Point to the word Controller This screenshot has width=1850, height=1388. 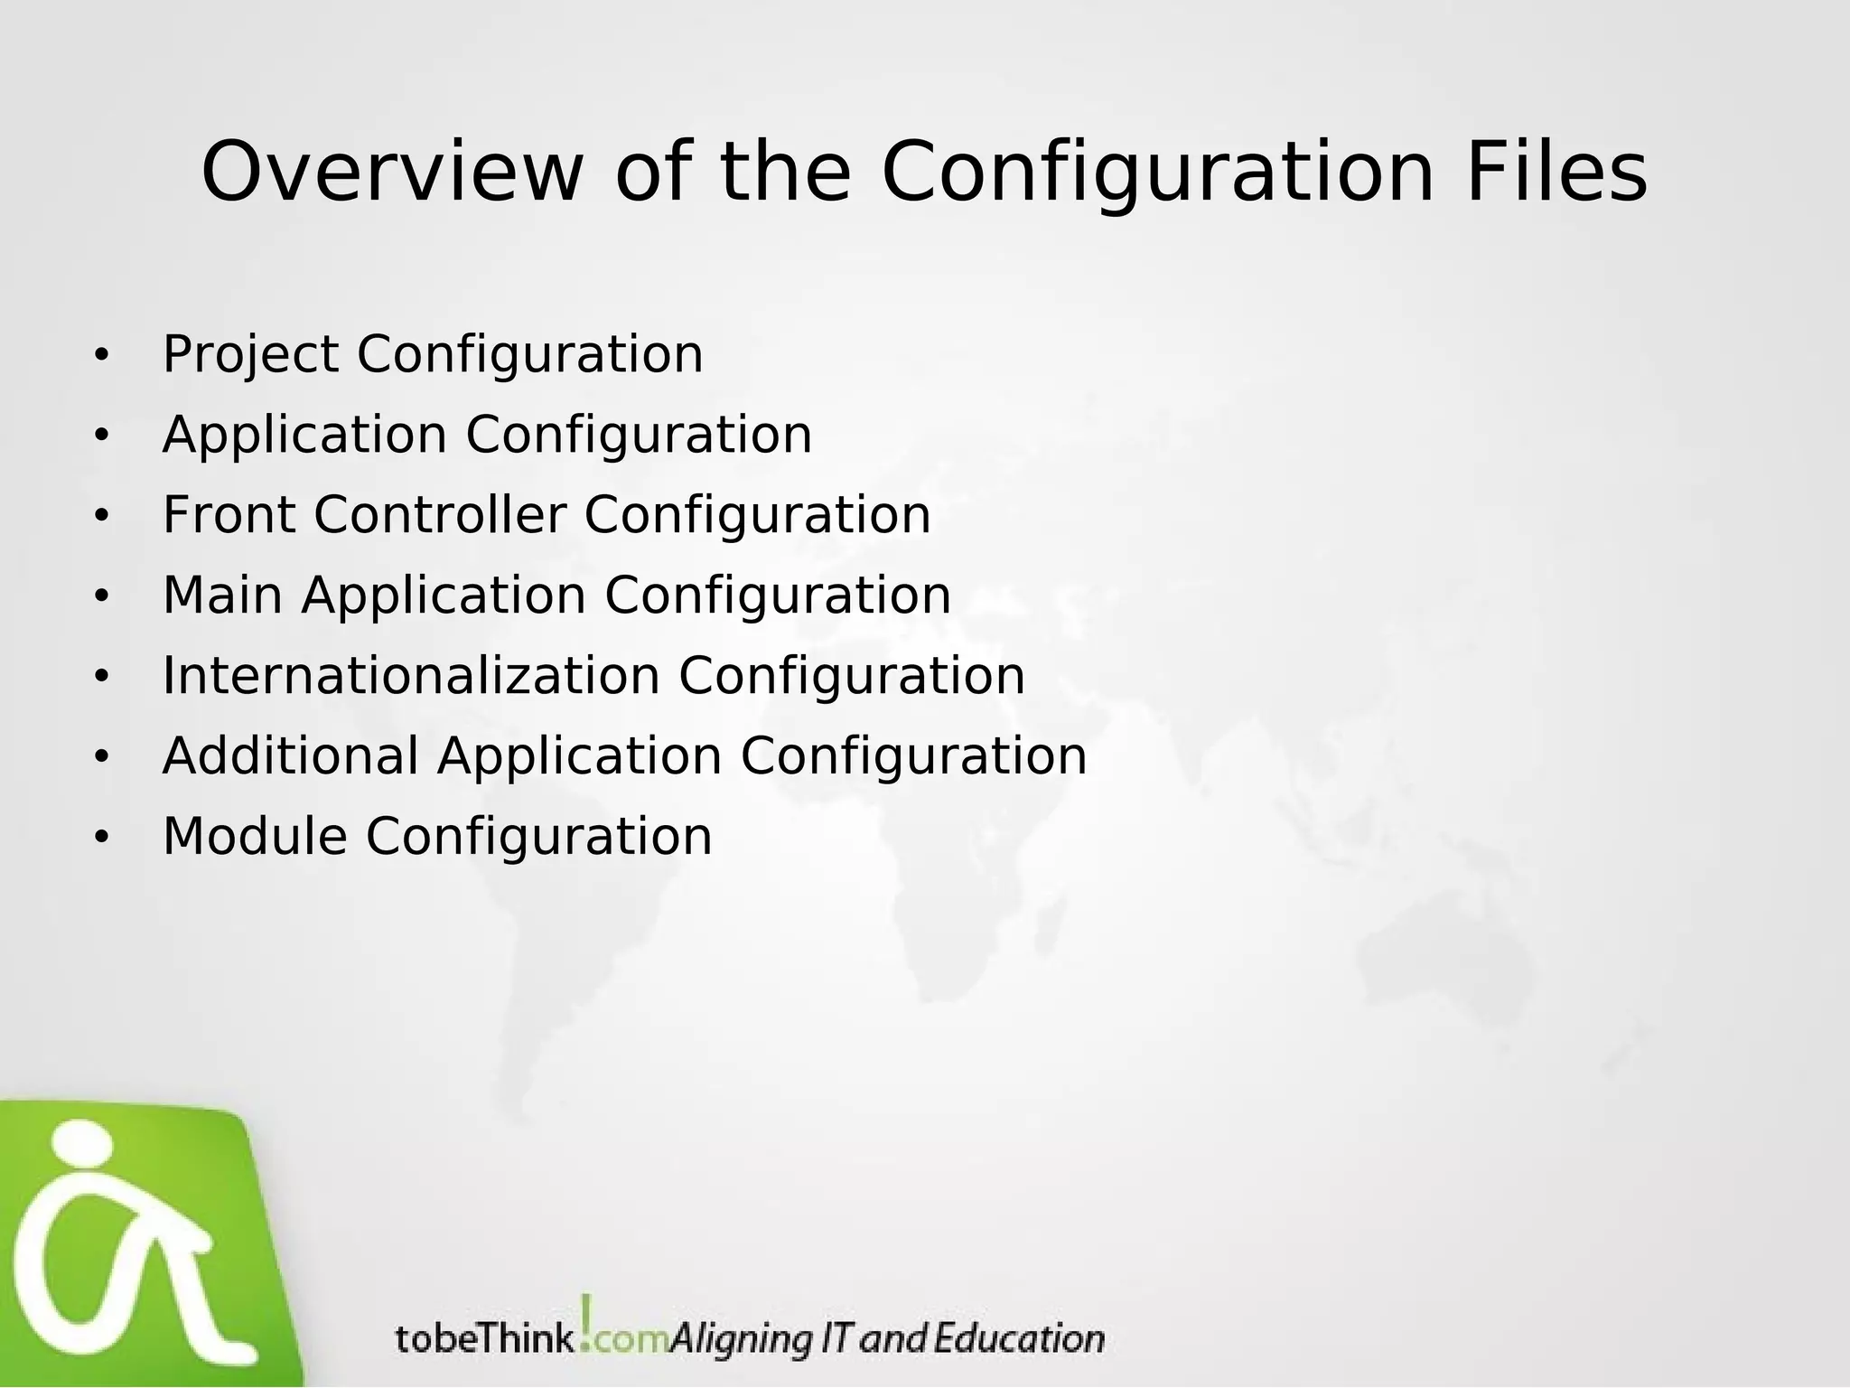click(440, 515)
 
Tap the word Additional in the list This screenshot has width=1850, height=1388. click(290, 756)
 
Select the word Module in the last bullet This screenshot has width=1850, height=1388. click(255, 837)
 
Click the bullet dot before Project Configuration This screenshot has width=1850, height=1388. click(101, 356)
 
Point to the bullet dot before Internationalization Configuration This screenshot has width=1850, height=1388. click(101, 678)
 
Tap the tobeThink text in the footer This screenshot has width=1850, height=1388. click(484, 1338)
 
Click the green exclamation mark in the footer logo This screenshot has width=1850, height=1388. click(587, 1320)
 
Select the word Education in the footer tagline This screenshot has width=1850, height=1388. click(1018, 1338)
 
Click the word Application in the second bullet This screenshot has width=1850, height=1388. click(304, 435)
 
